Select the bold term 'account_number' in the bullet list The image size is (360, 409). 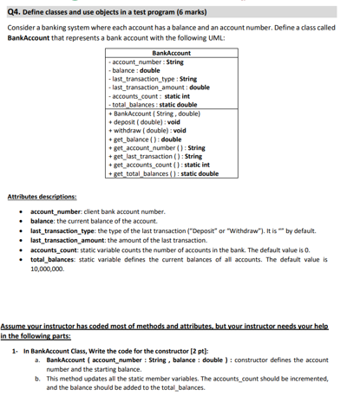54,211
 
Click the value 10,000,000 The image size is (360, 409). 48,269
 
